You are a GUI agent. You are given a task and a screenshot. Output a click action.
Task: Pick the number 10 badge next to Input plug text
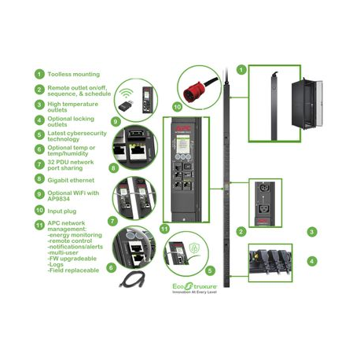[x=39, y=210]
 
